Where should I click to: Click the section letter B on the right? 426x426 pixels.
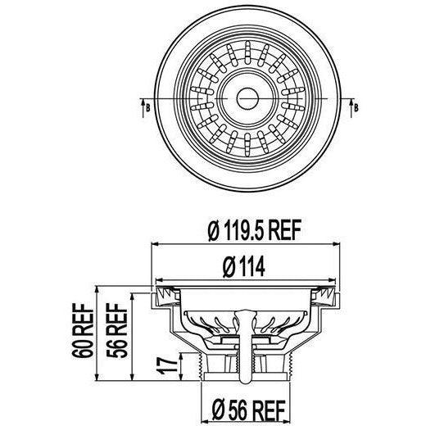[353, 106]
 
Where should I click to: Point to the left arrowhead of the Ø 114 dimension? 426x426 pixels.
[162, 279]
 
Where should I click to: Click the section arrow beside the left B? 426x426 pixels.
[140, 102]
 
